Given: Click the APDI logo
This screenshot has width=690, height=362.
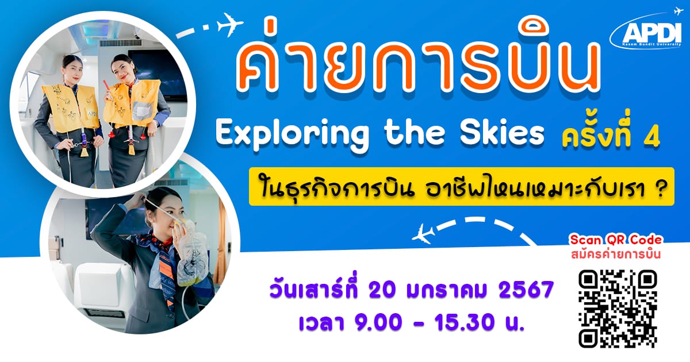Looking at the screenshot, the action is [647, 31].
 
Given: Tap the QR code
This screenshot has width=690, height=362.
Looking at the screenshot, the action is [618, 309].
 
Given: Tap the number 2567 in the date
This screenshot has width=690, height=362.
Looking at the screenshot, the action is [526, 290].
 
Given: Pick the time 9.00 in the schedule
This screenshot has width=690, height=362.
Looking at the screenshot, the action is [378, 322].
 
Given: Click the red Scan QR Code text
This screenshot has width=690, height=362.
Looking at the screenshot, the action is [616, 240].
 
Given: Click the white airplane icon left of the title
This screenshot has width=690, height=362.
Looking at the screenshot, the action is [230, 24].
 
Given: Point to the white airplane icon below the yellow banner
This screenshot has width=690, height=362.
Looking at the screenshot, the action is [424, 234].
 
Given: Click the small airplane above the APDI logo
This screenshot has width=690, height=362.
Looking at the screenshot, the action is [678, 11].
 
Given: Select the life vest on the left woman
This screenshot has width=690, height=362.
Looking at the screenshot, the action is [70, 108].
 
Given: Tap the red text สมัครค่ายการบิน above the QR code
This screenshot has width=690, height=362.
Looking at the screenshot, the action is [616, 254].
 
